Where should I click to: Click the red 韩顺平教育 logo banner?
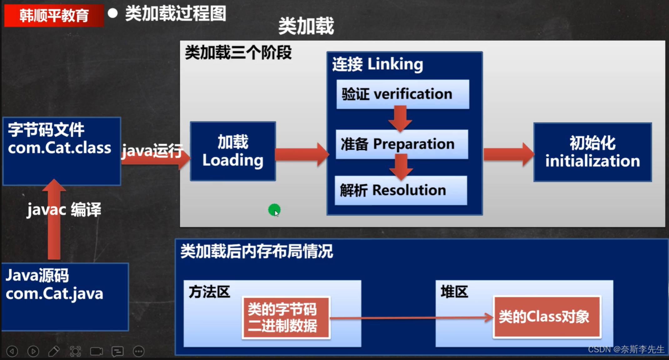(54, 15)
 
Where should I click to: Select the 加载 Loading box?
(233, 151)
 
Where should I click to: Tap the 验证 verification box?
(403, 94)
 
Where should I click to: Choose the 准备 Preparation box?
(402, 144)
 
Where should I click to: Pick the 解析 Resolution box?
(401, 190)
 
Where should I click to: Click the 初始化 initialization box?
(592, 152)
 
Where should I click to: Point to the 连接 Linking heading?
(377, 64)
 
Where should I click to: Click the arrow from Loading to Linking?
(302, 155)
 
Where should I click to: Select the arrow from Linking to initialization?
(509, 155)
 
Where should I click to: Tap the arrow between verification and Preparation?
(400, 119)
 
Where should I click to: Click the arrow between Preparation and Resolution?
(401, 167)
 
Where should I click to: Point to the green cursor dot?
(274, 210)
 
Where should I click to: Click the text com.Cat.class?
(59, 148)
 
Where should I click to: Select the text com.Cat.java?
(54, 294)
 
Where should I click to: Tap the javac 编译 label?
(64, 209)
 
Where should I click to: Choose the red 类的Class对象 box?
(547, 317)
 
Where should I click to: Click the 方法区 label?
(209, 292)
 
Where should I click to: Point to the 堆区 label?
(454, 292)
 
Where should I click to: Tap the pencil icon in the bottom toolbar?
(54, 351)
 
